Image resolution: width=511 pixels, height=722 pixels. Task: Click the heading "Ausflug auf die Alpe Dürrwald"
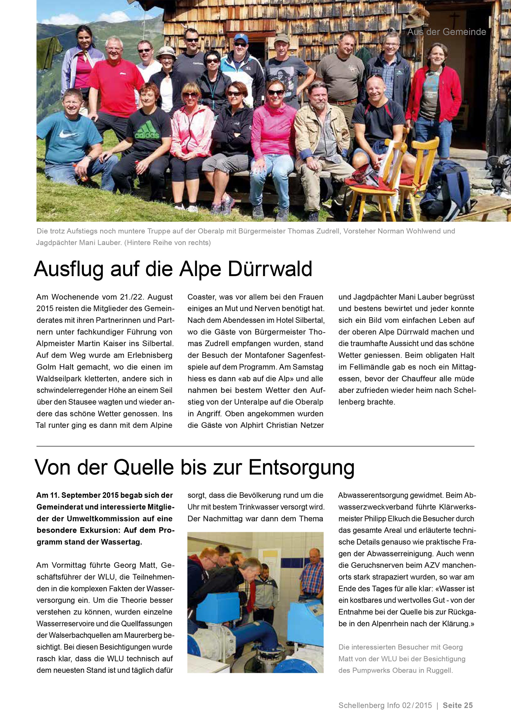173,269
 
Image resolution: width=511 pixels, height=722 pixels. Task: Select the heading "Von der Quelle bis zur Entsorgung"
195,468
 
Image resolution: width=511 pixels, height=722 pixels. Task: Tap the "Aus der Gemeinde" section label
447,32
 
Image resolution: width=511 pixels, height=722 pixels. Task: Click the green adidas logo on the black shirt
147,131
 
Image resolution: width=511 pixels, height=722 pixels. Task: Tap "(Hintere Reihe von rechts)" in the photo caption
167,243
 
